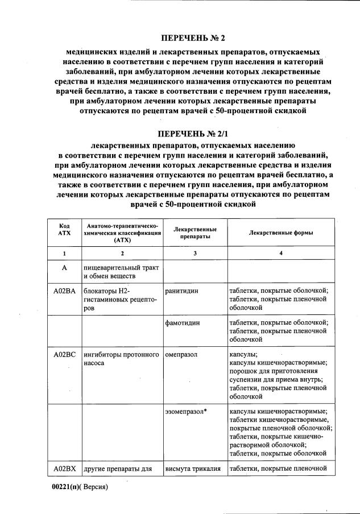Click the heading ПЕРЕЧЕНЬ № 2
(x=193, y=39)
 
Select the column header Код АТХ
(x=64, y=233)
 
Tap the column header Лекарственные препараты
(x=195, y=233)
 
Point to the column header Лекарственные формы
(x=281, y=233)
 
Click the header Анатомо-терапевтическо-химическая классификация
(x=122, y=233)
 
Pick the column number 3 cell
(x=195, y=252)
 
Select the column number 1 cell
(x=64, y=252)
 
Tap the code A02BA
(x=64, y=290)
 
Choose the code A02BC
(x=64, y=355)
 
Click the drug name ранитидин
(x=182, y=290)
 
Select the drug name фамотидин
(x=183, y=322)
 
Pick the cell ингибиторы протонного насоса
(x=121, y=359)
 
